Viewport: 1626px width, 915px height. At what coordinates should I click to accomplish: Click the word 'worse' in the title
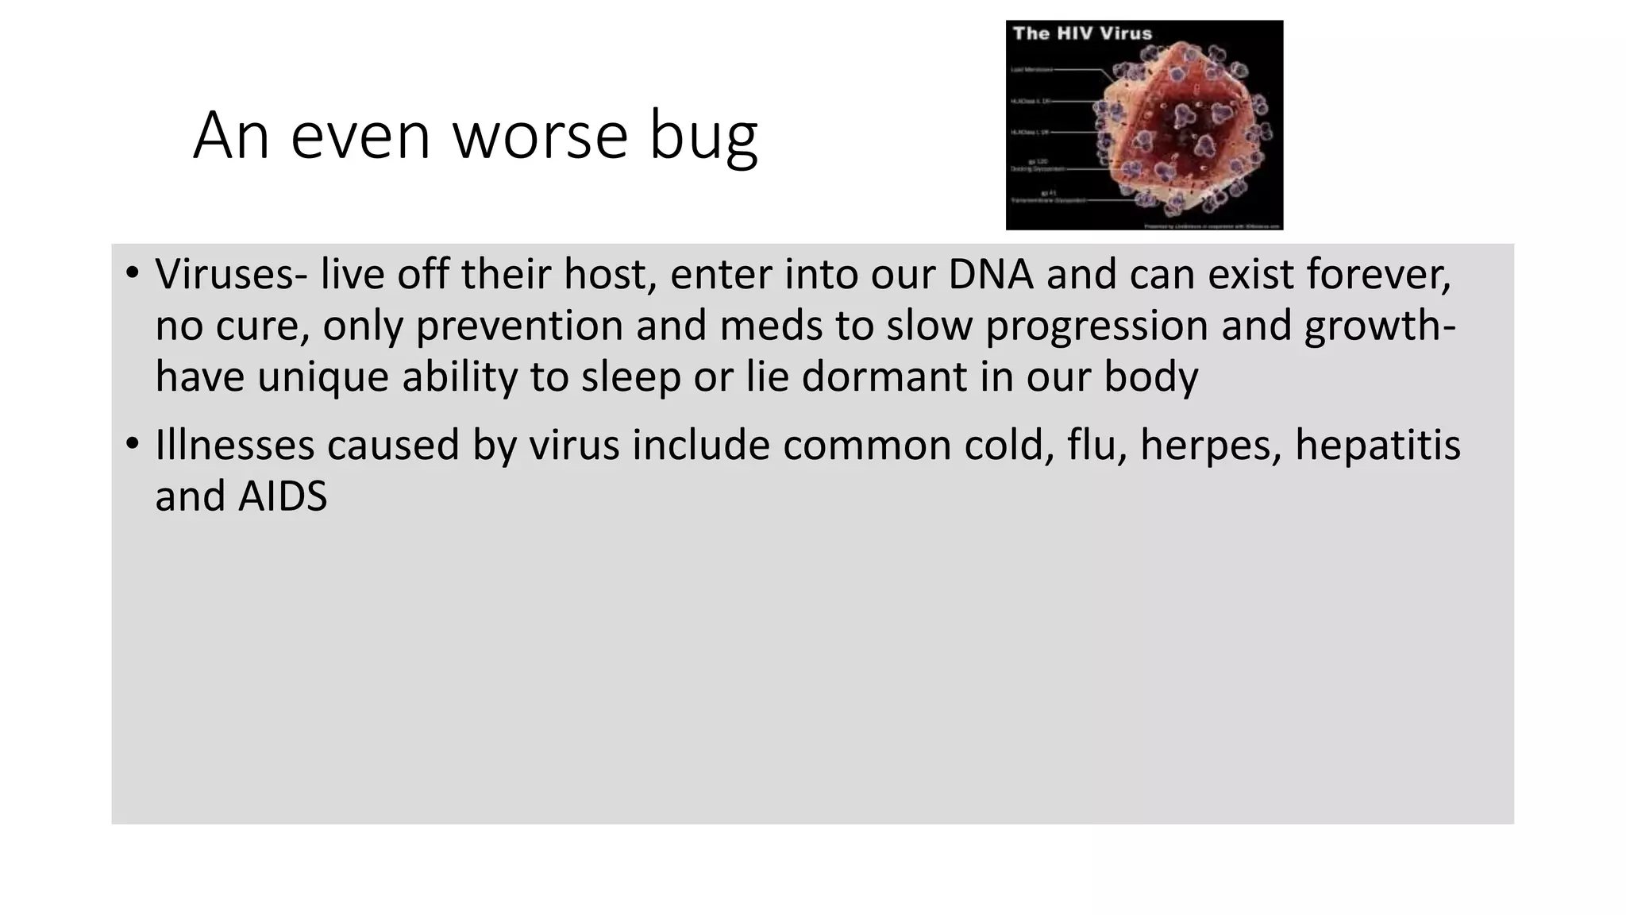coord(540,136)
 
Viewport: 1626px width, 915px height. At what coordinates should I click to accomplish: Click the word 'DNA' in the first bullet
coord(990,274)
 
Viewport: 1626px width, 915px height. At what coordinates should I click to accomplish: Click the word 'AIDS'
coord(283,496)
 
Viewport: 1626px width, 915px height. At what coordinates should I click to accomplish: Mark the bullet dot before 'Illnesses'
coord(132,444)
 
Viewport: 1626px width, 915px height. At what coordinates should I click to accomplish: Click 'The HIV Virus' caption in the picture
coord(1081,33)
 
